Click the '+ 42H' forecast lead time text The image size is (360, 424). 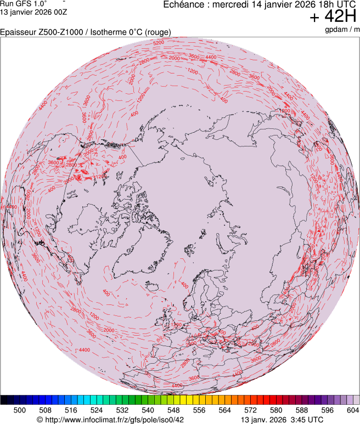coord(333,18)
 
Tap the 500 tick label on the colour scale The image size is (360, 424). coord(19,410)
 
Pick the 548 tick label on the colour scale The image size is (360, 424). coord(173,410)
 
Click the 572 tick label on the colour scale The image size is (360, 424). coord(250,410)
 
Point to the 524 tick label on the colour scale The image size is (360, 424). coord(96,410)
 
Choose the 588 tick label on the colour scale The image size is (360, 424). coord(301,410)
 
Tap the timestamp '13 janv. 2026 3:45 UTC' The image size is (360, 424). coord(282,420)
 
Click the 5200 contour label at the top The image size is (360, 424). coord(159,42)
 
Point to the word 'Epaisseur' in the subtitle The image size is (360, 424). coord(18,32)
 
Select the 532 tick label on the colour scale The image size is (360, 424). coord(122,410)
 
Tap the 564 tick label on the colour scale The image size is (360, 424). coord(224,410)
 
